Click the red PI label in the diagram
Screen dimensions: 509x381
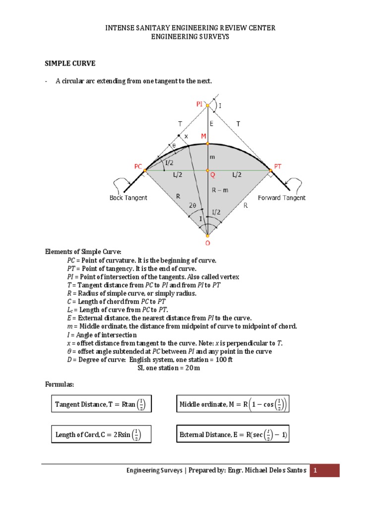point(199,104)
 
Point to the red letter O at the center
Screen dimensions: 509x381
point(207,244)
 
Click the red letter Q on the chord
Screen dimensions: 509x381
point(212,175)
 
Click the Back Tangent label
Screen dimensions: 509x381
point(128,198)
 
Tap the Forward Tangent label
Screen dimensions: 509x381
point(282,198)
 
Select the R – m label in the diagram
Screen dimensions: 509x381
point(219,189)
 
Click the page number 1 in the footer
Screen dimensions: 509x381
point(324,470)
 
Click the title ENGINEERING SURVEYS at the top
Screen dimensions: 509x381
point(190,37)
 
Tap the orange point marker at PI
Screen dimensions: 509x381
point(208,105)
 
